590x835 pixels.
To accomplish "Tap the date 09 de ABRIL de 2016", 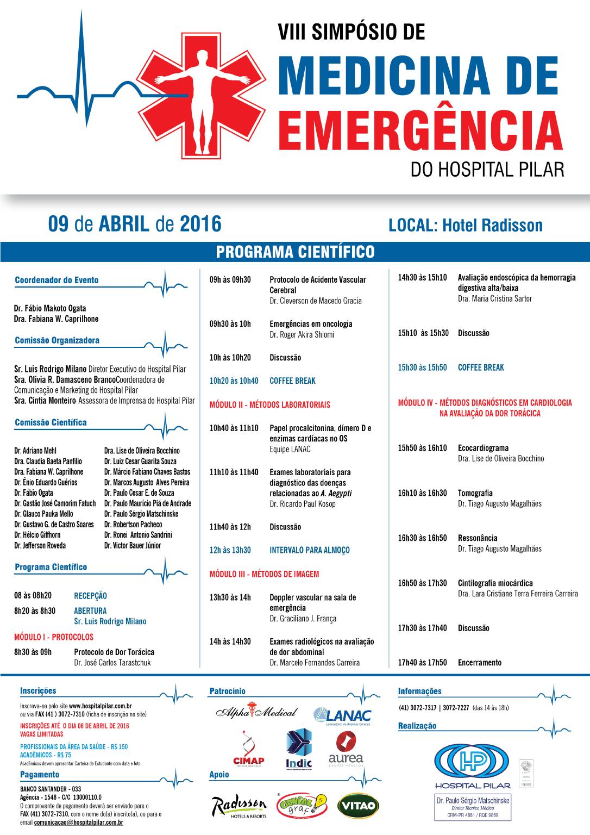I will (135, 223).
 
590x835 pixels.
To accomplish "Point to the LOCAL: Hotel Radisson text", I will (466, 225).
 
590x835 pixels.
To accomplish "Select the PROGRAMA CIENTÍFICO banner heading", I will (295, 252).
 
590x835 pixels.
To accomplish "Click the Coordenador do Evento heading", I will (57, 281).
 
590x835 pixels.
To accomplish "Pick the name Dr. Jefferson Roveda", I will (40, 545).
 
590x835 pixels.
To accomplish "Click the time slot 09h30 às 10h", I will (230, 324).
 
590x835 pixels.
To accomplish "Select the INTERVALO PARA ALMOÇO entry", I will (310, 550).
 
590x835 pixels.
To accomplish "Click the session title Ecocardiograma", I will (483, 448).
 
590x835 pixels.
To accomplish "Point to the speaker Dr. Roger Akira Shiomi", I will (302, 335).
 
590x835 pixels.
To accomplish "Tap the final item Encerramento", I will (480, 663).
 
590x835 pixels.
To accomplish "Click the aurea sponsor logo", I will (346, 749).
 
